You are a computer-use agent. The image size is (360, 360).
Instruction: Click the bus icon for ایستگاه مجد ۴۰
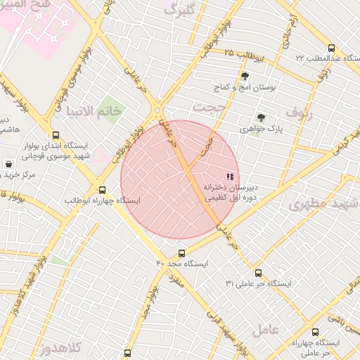(182, 253)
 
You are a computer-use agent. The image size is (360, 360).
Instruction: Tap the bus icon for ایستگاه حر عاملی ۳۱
(258, 273)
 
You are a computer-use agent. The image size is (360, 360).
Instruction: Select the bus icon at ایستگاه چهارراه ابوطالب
(103, 190)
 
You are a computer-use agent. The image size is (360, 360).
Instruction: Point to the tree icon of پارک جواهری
(261, 118)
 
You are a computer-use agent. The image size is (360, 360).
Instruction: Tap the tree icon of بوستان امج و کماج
(245, 77)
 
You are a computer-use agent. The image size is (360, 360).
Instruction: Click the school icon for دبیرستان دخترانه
(229, 176)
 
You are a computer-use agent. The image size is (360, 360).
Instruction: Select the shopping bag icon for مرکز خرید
(8, 164)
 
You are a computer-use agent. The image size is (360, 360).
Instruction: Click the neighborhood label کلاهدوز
(62, 347)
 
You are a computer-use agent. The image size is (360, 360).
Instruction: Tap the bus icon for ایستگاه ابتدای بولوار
(56, 135)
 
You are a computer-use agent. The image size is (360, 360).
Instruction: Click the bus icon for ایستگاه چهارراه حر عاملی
(314, 332)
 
